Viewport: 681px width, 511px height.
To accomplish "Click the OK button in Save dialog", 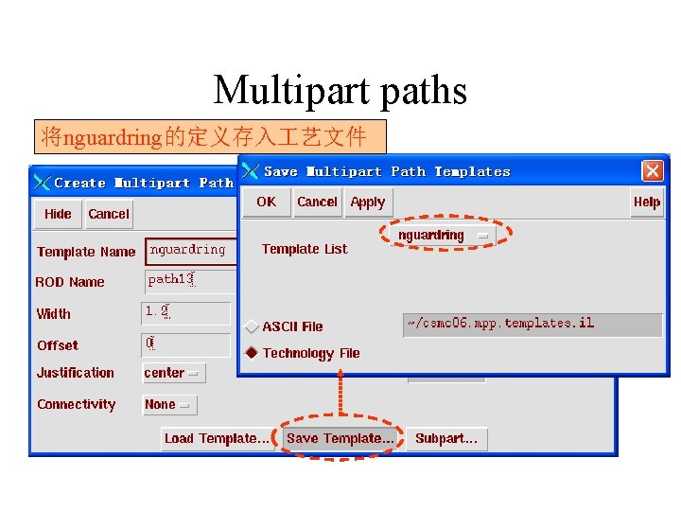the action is (267, 202).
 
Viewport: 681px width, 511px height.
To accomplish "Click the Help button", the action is (647, 202).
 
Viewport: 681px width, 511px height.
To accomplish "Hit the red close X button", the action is (653, 171).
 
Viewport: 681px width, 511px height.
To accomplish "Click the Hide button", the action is (58, 214).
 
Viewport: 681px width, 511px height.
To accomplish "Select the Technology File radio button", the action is (252, 353).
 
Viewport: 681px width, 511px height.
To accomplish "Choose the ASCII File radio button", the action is (252, 326).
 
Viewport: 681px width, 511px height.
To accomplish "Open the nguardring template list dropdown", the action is (443, 235).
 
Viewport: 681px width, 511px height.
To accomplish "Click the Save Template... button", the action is (340, 438).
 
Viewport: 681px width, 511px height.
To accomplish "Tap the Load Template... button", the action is (217, 438).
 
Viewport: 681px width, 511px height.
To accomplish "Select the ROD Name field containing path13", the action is (189, 280).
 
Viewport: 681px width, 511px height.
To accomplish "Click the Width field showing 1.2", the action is (185, 313).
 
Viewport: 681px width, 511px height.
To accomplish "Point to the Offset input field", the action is (185, 344).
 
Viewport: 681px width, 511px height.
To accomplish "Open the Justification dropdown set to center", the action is (173, 374).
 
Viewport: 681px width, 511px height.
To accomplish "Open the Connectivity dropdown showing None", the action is (169, 405).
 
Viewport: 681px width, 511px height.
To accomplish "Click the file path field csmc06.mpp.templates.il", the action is (533, 325).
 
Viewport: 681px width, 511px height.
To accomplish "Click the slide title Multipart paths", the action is (340, 91).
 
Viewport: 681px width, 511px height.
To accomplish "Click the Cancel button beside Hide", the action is (109, 214).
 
